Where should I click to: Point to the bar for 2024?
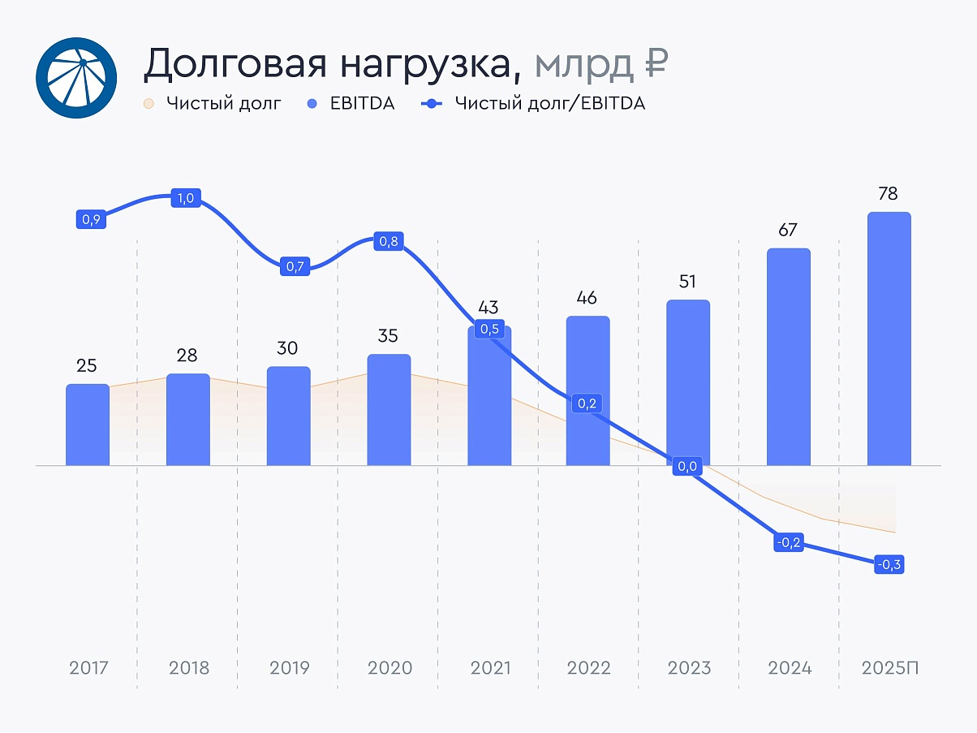789,357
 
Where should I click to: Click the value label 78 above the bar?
889,194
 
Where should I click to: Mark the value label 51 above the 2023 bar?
688,282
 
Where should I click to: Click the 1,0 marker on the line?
186,198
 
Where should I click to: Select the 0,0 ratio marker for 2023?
688,466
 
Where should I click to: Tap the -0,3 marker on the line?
889,565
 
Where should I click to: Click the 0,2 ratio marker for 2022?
588,403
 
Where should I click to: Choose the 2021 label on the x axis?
490,668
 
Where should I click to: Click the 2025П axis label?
891,668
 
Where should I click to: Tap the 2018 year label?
188,668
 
